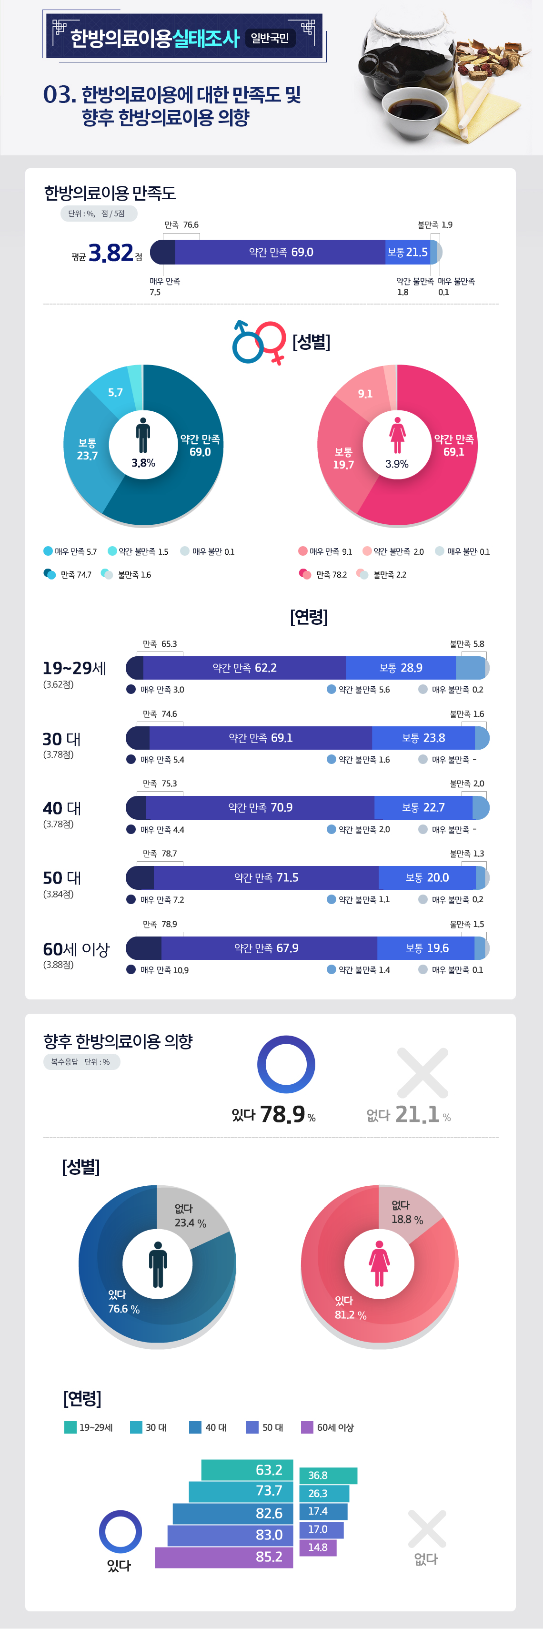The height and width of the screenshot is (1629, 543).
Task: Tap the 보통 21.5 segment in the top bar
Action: [407, 252]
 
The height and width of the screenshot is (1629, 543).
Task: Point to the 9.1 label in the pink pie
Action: [365, 393]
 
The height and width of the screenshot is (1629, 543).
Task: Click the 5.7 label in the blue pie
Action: [115, 392]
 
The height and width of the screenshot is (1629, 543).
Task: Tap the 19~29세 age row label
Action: [74, 668]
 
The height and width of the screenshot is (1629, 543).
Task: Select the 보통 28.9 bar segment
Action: [401, 668]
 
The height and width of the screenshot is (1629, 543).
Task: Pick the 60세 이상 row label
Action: [76, 949]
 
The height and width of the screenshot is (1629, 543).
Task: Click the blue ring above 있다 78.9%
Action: [286, 1064]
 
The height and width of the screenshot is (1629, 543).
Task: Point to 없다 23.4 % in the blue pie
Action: [190, 1215]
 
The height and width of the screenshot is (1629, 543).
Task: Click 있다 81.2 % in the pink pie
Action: [350, 1308]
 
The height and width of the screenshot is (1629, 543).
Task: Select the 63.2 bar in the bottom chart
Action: [247, 1470]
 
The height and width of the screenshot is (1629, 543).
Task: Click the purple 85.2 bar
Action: [224, 1557]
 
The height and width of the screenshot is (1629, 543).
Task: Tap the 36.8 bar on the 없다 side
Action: [328, 1476]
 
